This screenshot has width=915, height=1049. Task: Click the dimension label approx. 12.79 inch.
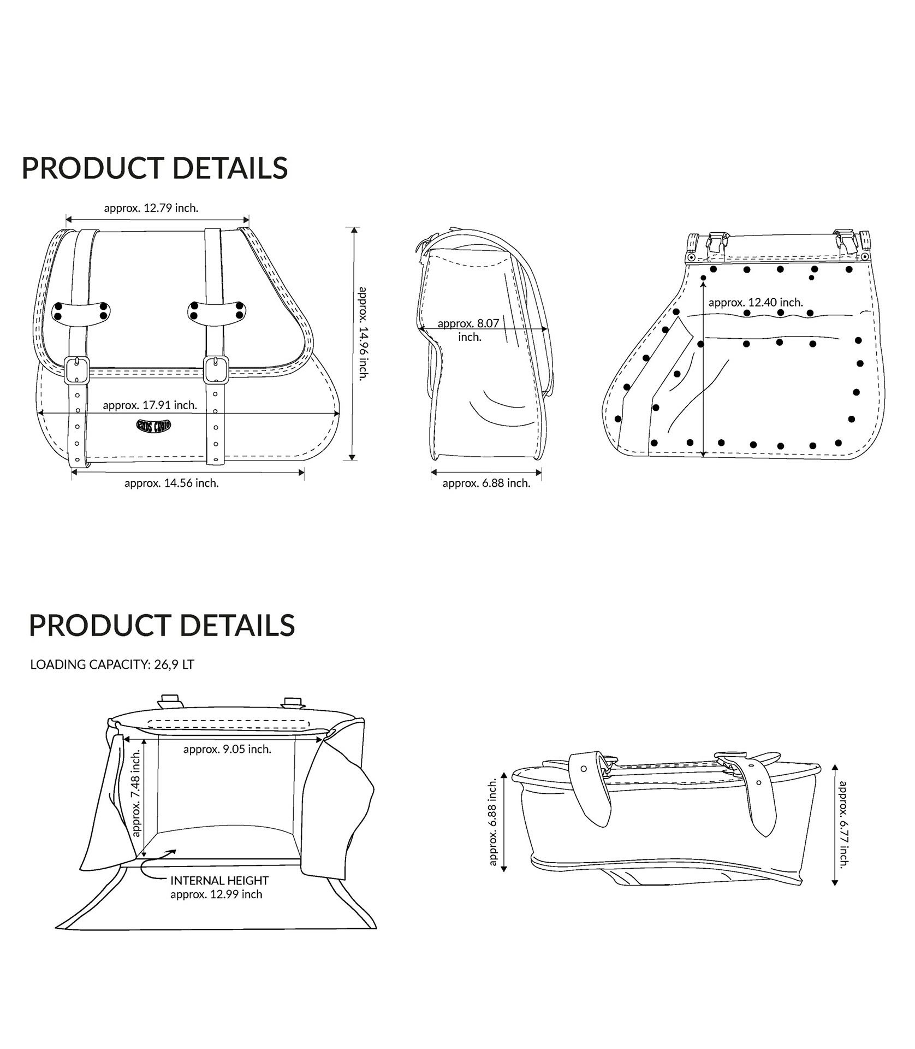click(x=151, y=208)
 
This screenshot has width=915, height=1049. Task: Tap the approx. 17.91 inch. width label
click(x=150, y=405)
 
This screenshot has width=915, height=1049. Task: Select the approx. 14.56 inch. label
click(x=171, y=483)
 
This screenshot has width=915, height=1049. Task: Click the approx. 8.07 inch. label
click(x=468, y=329)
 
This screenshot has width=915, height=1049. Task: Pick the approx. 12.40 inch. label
click(x=756, y=302)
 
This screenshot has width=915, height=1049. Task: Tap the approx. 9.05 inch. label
click(x=227, y=749)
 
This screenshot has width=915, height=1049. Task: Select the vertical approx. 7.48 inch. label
click(x=136, y=792)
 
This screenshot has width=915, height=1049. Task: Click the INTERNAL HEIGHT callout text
click(x=219, y=881)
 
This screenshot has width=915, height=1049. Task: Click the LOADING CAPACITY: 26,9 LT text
click(x=112, y=665)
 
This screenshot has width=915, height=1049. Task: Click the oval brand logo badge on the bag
click(x=153, y=425)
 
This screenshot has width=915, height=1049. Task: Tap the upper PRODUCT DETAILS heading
click(x=155, y=168)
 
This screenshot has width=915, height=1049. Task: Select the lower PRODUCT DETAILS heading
click(x=162, y=625)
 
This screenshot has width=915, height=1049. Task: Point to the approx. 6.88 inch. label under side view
click(x=486, y=483)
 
